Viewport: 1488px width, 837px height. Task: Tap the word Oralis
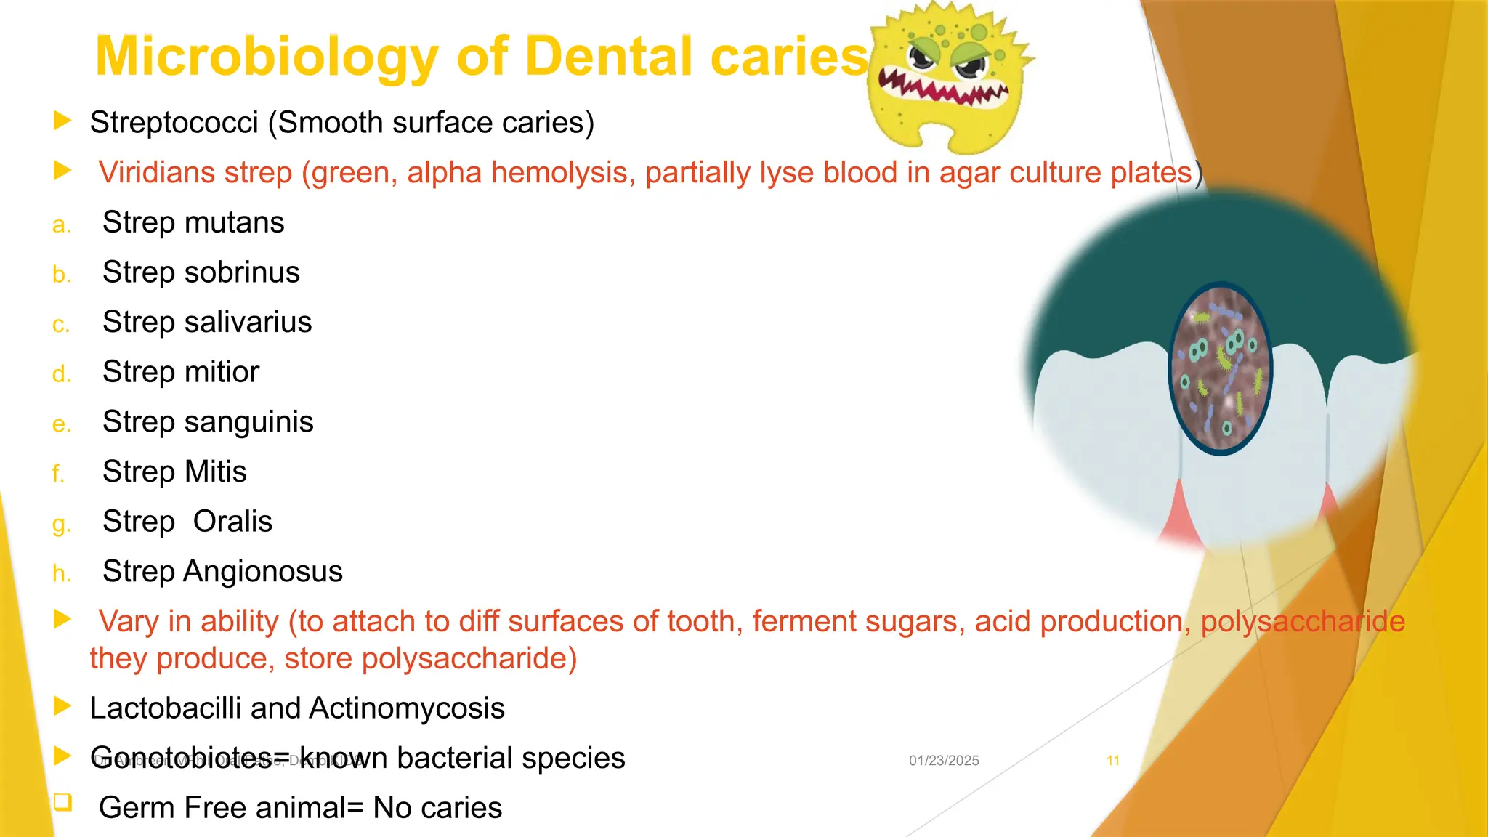[232, 522]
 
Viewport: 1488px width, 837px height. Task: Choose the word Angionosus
[262, 572]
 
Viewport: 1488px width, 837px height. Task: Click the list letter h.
[61, 574]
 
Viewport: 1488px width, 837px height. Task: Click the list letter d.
[61, 374]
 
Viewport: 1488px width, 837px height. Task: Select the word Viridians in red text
[156, 173]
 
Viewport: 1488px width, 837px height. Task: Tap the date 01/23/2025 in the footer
[944, 761]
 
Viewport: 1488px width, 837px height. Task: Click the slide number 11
[1112, 761]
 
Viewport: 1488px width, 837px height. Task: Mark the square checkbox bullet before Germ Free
[62, 802]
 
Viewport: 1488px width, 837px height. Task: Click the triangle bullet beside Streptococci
[62, 121]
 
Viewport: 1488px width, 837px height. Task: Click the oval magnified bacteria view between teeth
[1221, 368]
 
